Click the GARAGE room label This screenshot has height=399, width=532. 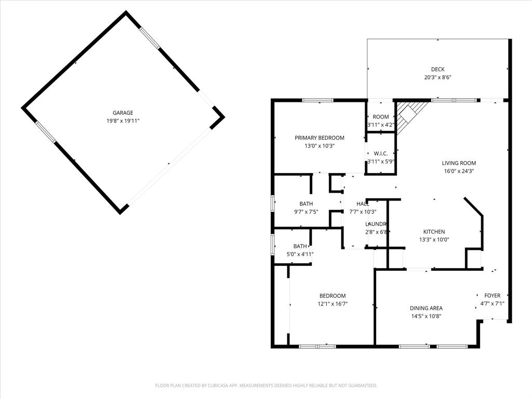[123, 113]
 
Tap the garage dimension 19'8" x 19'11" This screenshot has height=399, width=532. [123, 121]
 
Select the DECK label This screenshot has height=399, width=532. [437, 70]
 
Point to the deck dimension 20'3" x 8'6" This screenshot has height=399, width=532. [437, 77]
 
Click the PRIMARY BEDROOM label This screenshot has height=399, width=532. [319, 138]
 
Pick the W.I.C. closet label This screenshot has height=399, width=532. [381, 153]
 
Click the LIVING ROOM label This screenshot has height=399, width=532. [459, 163]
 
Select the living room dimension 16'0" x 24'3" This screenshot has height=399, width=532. [459, 171]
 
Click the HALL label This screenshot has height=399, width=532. [362, 204]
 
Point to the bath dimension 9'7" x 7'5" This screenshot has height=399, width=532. [306, 211]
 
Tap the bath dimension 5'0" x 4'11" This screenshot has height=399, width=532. [300, 254]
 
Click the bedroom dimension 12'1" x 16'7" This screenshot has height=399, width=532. [332, 304]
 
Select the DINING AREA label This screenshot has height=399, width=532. [425, 308]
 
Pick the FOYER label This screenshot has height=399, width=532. [492, 296]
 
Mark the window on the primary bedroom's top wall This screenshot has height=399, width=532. [318, 100]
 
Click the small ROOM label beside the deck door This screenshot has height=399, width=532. [381, 117]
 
